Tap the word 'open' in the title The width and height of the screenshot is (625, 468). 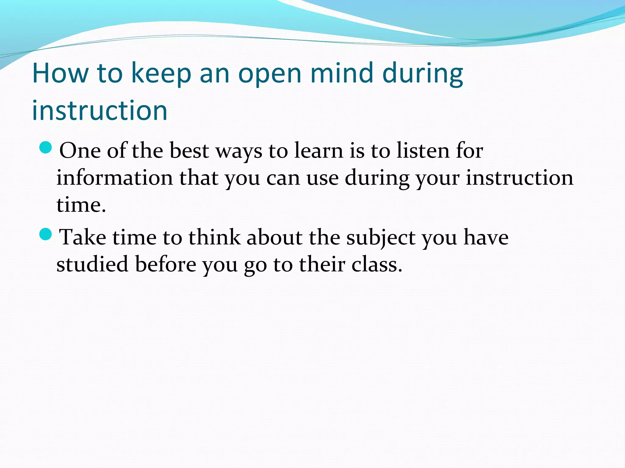(x=270, y=74)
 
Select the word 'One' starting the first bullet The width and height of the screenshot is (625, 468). (x=80, y=151)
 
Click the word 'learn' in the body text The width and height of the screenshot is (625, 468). (x=319, y=151)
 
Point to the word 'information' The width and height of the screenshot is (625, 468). (x=114, y=178)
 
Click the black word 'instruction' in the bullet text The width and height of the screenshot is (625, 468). (x=519, y=178)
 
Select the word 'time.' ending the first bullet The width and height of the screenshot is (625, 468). (x=81, y=205)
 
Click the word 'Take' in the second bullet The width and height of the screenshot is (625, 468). (x=82, y=237)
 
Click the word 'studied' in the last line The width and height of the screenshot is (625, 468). (x=92, y=264)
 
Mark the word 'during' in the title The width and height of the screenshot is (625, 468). (x=422, y=74)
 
